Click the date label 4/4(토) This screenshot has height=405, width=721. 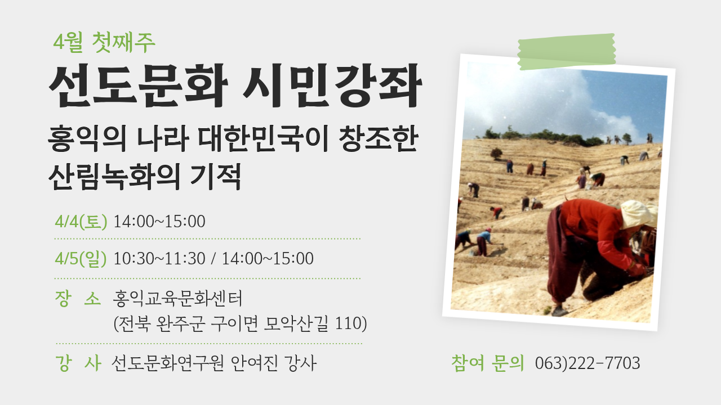click(81, 222)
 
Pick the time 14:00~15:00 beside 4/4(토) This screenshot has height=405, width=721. click(159, 222)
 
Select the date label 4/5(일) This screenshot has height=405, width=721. click(81, 259)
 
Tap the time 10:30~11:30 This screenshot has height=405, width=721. click(159, 259)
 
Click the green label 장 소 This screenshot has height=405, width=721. click(77, 298)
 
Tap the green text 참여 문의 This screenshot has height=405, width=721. click(487, 363)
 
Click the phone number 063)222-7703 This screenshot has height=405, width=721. click(588, 363)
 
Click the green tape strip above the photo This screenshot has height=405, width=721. click(566, 52)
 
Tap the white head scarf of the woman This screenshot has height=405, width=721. click(638, 214)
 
